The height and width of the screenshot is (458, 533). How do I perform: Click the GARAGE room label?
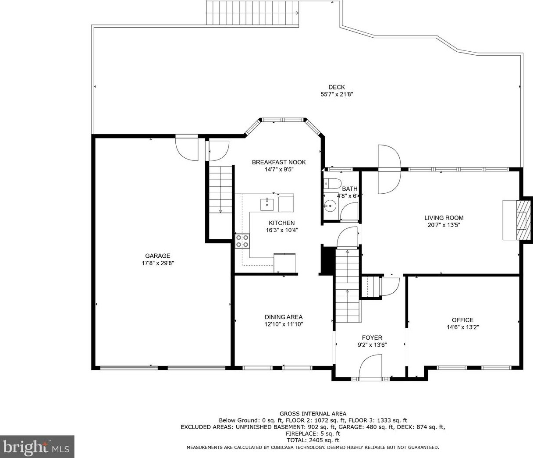click(157, 256)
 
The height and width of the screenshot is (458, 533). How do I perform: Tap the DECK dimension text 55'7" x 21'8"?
click(337, 94)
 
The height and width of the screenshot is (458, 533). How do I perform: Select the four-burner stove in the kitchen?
click(242, 241)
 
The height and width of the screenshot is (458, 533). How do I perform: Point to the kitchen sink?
click(267, 204)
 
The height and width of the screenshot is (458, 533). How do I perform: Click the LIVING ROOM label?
click(444, 218)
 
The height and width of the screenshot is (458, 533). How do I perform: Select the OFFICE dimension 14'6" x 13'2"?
click(462, 327)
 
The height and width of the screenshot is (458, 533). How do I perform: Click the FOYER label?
click(372, 337)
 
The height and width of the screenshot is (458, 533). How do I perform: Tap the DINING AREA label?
click(284, 317)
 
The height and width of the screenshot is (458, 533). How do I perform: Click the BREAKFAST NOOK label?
click(279, 162)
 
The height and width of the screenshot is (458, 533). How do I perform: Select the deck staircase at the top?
click(252, 12)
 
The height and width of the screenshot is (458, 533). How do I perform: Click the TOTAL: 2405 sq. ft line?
click(313, 440)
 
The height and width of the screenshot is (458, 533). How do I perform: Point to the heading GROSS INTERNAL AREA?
click(313, 414)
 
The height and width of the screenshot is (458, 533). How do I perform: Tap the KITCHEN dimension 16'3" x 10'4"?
click(282, 230)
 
